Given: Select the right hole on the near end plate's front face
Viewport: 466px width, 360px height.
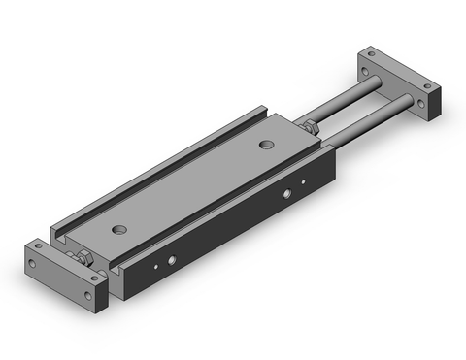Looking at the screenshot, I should coord(92,292).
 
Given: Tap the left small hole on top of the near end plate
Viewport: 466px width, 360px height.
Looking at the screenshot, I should coord(39,246).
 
